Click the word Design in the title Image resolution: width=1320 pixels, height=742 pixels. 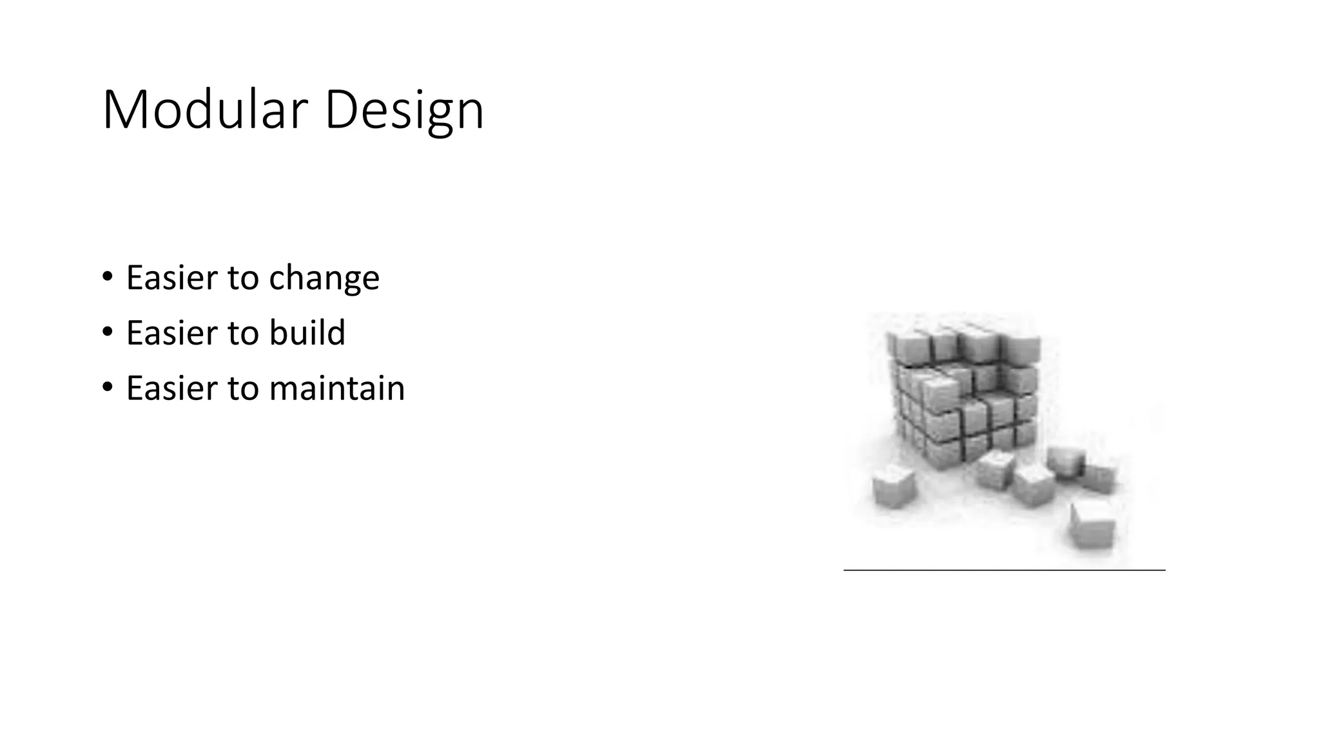pos(404,111)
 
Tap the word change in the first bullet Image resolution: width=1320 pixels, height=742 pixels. pos(324,278)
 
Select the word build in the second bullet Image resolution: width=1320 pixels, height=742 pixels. pos(307,333)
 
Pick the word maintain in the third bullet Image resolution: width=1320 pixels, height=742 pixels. pos(336,388)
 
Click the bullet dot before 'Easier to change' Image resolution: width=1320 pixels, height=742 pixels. pos(107,278)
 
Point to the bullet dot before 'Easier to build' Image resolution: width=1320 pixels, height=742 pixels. pos(107,332)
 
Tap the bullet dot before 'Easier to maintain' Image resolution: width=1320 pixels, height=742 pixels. pos(107,388)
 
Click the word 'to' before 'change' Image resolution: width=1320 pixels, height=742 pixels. pos(243,278)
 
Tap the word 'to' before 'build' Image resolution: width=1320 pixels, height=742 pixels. pos(243,333)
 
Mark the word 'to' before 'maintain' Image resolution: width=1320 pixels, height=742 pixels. pos(243,388)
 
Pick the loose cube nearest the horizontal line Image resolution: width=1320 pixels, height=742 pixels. pos(1092,525)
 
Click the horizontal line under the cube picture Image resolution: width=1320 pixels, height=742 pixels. pos(1004,570)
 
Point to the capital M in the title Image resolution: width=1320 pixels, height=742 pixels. pos(124,111)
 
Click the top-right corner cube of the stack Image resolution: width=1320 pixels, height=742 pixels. pos(1022,348)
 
